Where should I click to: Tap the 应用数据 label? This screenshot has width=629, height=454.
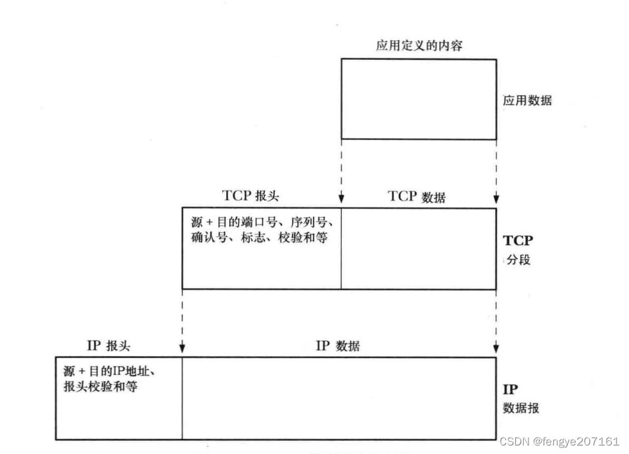(x=527, y=101)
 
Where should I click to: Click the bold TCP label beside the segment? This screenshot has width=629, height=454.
(x=518, y=240)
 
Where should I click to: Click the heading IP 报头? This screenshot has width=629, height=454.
(x=108, y=346)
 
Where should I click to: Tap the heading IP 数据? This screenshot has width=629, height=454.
(x=338, y=346)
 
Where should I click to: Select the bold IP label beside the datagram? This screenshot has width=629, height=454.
(x=511, y=389)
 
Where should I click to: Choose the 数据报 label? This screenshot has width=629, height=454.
(x=521, y=408)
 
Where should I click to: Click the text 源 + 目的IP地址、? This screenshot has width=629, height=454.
(x=108, y=371)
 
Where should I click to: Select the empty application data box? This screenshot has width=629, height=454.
(x=418, y=99)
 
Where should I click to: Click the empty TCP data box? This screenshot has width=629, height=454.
(x=418, y=248)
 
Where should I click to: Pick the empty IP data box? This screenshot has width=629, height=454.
(x=338, y=398)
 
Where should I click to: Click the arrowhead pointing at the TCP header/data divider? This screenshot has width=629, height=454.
(x=341, y=200)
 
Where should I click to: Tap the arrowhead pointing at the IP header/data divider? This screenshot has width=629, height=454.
(x=182, y=349)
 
